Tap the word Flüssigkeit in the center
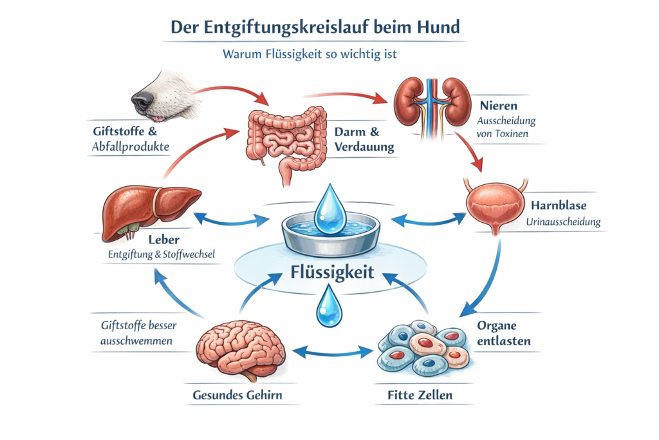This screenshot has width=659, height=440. pyautogui.click(x=329, y=271)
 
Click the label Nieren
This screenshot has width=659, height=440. pyautogui.click(x=498, y=104)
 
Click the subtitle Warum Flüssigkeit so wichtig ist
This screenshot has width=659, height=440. pyautogui.click(x=310, y=54)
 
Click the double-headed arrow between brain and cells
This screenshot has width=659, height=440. pyautogui.click(x=333, y=352)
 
